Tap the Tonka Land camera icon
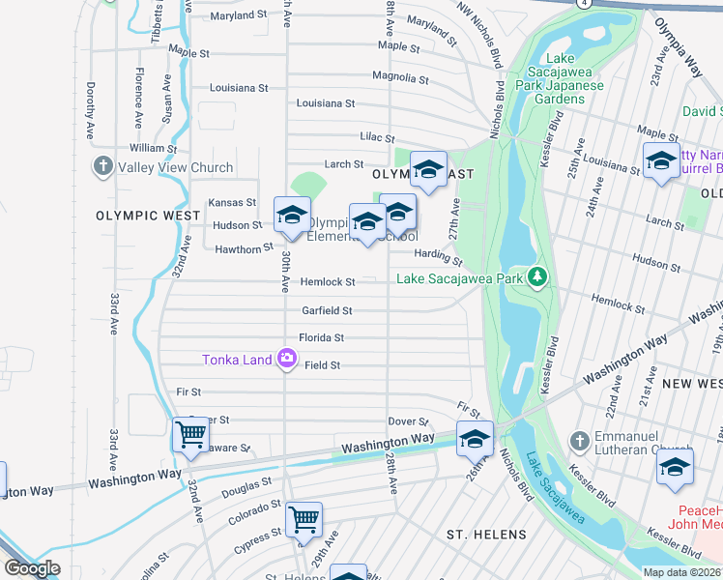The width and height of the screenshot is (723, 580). pos(286,359)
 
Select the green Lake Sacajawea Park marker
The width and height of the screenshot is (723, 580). pos(538,278)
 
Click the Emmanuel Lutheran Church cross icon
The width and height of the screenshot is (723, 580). pos(580,441)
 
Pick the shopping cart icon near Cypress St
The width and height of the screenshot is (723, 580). pos(304,519)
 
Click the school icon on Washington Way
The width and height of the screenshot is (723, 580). pos(475,438)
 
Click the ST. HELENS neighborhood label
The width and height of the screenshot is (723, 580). pos(486,535)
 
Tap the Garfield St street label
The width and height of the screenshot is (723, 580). pos(326,311)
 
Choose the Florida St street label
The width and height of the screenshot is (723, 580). pos(321,338)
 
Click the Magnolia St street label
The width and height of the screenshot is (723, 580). pos(399,78)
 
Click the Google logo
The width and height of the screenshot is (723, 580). pos(32,568)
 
